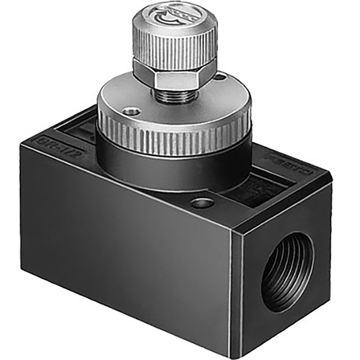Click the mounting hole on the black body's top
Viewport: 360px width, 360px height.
(202, 204)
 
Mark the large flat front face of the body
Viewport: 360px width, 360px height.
(127, 246)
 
